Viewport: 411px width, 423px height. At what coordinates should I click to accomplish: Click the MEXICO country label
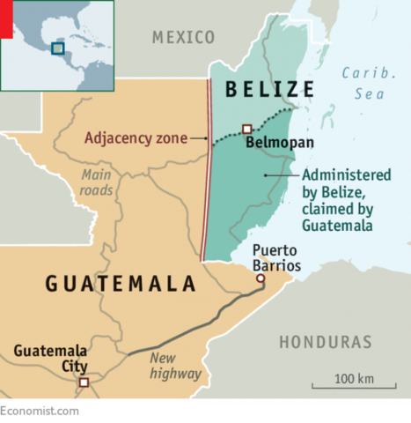point(183,36)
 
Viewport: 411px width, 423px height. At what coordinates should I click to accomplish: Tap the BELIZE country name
point(270,89)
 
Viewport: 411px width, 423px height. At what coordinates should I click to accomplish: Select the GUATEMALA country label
point(120,284)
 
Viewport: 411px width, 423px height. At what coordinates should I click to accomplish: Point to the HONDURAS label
point(325,342)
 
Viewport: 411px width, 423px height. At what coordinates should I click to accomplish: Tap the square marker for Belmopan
point(247,129)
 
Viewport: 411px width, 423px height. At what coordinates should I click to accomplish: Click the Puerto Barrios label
point(276,257)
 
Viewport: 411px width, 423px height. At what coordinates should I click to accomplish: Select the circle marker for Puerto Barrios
point(261,279)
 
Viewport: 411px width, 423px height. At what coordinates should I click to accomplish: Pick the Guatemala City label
point(43,359)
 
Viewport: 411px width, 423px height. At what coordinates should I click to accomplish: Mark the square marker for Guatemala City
point(84,382)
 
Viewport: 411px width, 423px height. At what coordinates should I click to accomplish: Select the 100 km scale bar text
point(354,378)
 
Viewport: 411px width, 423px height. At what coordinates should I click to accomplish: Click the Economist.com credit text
point(40,411)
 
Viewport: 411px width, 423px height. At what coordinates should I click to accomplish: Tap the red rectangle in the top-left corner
point(5,19)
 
